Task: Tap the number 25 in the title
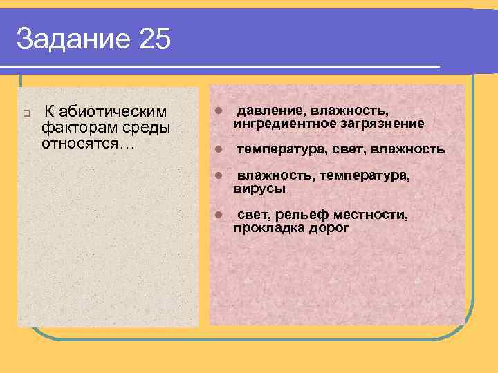[x=154, y=39]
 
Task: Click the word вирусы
[x=259, y=189]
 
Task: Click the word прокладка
[x=267, y=228]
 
